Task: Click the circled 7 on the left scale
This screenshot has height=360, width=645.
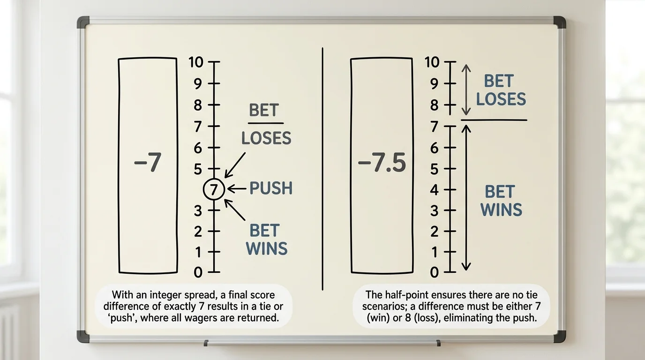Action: coord(214,189)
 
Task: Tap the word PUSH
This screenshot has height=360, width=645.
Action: coord(270,188)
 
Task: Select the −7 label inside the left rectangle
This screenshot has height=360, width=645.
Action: coord(148,163)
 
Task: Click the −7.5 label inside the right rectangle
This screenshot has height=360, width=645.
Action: coord(382,163)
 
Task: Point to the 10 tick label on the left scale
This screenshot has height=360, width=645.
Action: coord(196,62)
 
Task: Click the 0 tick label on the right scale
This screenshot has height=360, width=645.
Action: coord(435,272)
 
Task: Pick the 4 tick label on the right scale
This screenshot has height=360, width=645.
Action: coord(435,190)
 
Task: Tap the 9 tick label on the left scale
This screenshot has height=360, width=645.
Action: coord(198,83)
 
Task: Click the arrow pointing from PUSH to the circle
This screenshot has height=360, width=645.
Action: coord(237,189)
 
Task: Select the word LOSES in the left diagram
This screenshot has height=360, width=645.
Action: coord(266,138)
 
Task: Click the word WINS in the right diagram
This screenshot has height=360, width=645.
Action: coord(501,210)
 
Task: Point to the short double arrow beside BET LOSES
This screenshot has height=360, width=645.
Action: coord(466,90)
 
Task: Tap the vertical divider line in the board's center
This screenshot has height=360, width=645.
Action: coord(322,169)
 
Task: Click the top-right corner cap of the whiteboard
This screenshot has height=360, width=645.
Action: coord(560,22)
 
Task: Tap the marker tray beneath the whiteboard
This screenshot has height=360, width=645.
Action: coord(322,343)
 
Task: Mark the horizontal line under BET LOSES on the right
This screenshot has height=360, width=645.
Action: coord(494,120)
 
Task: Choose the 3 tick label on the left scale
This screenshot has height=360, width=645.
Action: coord(198,211)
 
